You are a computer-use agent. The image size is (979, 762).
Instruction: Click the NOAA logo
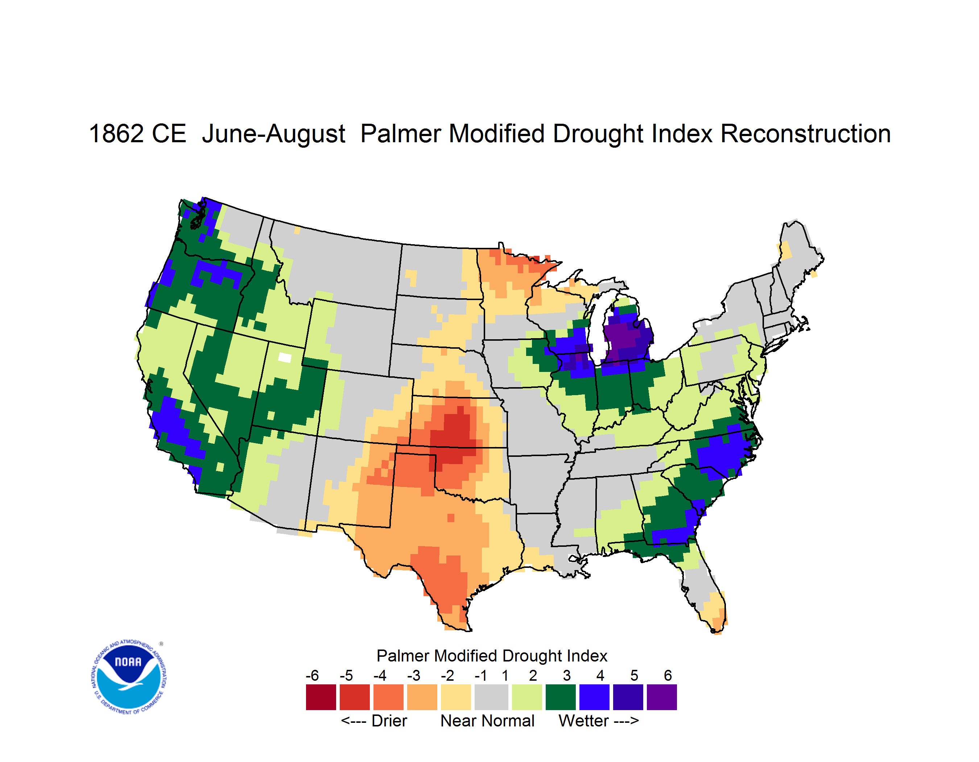(x=128, y=677)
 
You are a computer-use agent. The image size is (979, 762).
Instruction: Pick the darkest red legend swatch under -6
(x=321, y=697)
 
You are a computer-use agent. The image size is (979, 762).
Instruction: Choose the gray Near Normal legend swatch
(x=491, y=697)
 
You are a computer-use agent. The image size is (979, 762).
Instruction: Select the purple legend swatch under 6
(x=662, y=697)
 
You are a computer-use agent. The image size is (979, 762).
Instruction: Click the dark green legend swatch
(x=560, y=697)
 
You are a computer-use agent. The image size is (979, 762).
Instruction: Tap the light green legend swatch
(x=527, y=697)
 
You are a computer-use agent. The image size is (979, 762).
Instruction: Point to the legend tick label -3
(x=413, y=675)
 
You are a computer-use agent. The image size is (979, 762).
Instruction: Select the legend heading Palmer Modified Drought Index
(x=492, y=656)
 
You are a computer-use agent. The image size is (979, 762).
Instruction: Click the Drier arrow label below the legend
(x=374, y=721)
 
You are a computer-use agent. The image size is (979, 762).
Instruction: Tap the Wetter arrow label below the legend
(x=598, y=721)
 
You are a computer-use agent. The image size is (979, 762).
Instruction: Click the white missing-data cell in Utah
(x=285, y=357)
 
